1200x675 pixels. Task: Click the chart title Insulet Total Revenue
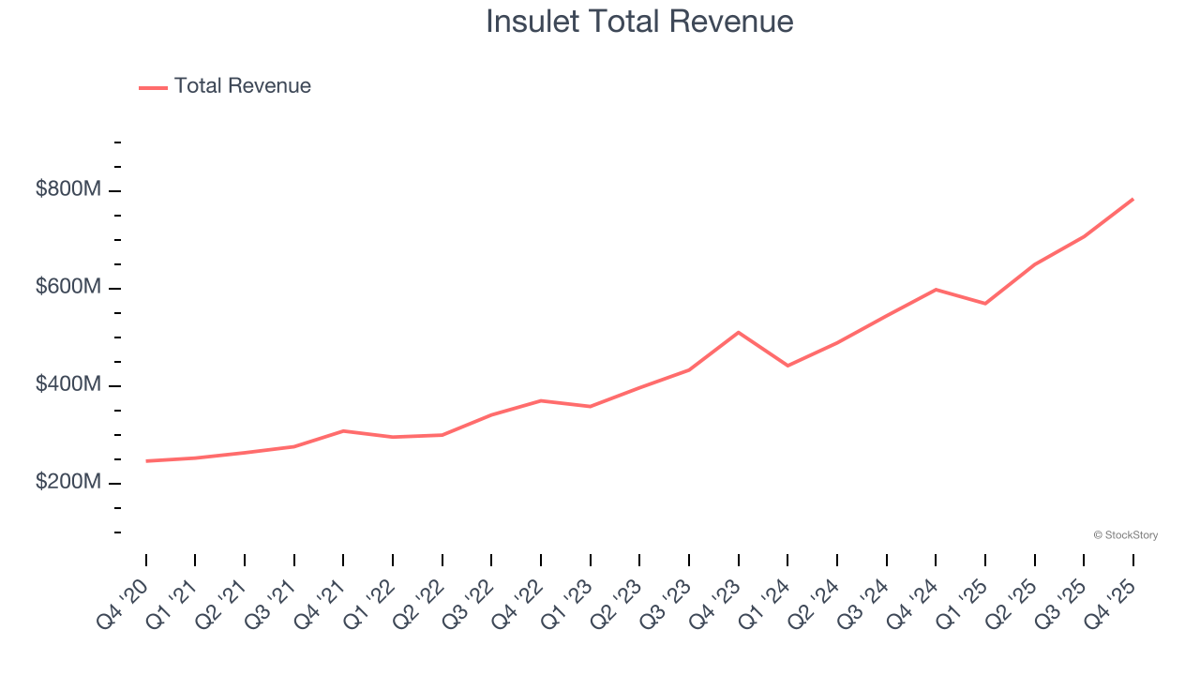(x=639, y=22)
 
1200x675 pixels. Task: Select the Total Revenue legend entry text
(x=242, y=86)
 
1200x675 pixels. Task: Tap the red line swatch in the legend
(x=153, y=87)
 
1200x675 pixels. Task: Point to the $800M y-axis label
(x=67, y=189)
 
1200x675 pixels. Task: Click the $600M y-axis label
(x=67, y=287)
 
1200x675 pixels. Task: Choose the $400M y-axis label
(x=67, y=384)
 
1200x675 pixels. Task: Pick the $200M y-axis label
(x=67, y=482)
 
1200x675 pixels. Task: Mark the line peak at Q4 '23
(x=739, y=332)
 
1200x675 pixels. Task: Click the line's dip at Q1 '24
(x=787, y=366)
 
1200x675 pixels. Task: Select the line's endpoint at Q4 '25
(x=1133, y=199)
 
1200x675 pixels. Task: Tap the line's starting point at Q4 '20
(x=146, y=461)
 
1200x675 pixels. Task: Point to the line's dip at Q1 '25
(x=985, y=304)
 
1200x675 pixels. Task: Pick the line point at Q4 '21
(x=343, y=430)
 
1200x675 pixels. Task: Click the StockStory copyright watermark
(x=1125, y=535)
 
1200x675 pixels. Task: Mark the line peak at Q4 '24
(x=936, y=290)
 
